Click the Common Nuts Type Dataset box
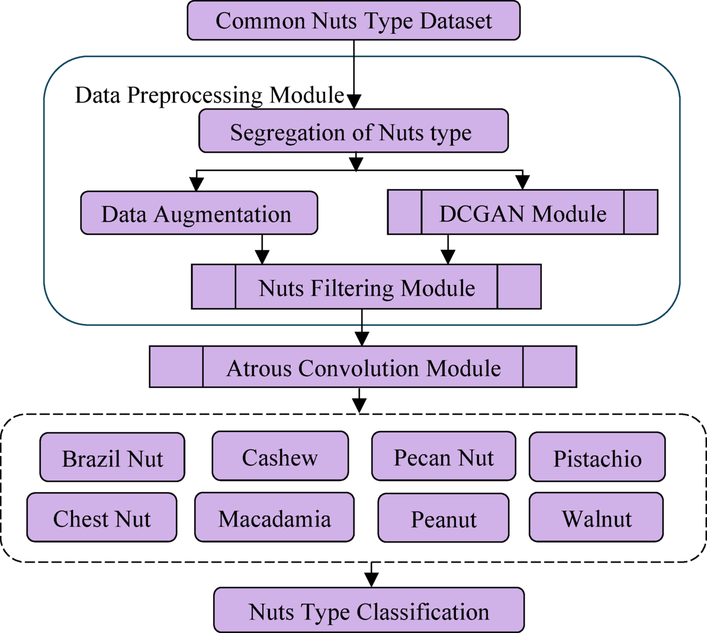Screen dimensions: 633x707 (353, 21)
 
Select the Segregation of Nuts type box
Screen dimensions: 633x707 (353, 131)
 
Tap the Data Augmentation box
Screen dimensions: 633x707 (199, 213)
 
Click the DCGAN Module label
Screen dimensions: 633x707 (522, 213)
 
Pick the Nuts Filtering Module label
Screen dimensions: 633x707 (367, 288)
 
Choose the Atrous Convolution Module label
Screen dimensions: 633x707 (363, 367)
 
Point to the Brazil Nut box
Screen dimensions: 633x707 (113, 457)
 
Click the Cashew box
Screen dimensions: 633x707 (280, 456)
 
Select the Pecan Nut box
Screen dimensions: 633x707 (444, 457)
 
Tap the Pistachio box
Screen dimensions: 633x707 (597, 457)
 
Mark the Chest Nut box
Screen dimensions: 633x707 (102, 518)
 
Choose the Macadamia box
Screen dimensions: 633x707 (274, 518)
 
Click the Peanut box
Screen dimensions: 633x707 (444, 518)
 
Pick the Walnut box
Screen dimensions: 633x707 (596, 518)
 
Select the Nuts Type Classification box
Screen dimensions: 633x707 (369, 611)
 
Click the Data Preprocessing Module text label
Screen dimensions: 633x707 (209, 95)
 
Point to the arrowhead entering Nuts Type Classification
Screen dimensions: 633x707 (371, 580)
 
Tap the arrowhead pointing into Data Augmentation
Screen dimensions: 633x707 (197, 184)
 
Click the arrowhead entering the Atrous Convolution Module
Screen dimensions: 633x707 (362, 339)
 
